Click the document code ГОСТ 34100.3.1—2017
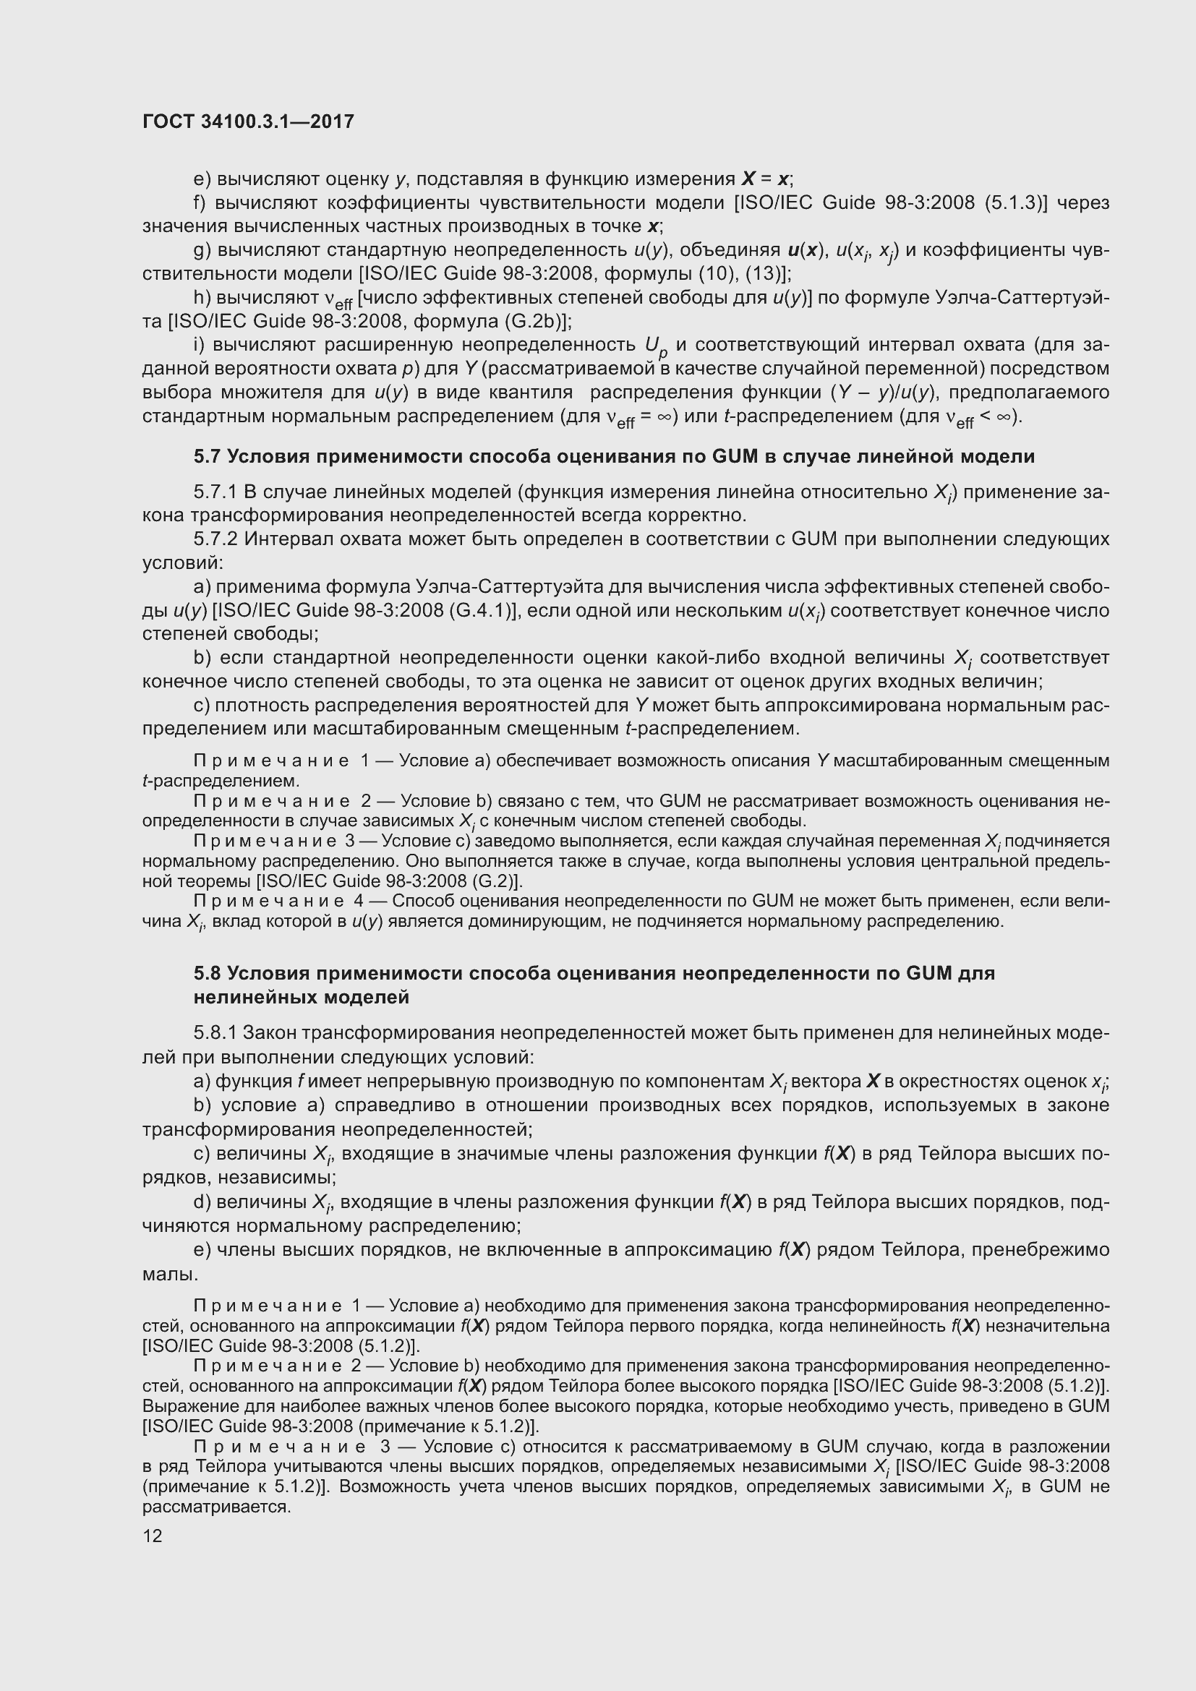(x=248, y=121)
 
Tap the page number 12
(x=153, y=1536)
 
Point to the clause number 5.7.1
(x=214, y=492)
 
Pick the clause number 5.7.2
(x=214, y=539)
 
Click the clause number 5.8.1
(x=214, y=1033)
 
